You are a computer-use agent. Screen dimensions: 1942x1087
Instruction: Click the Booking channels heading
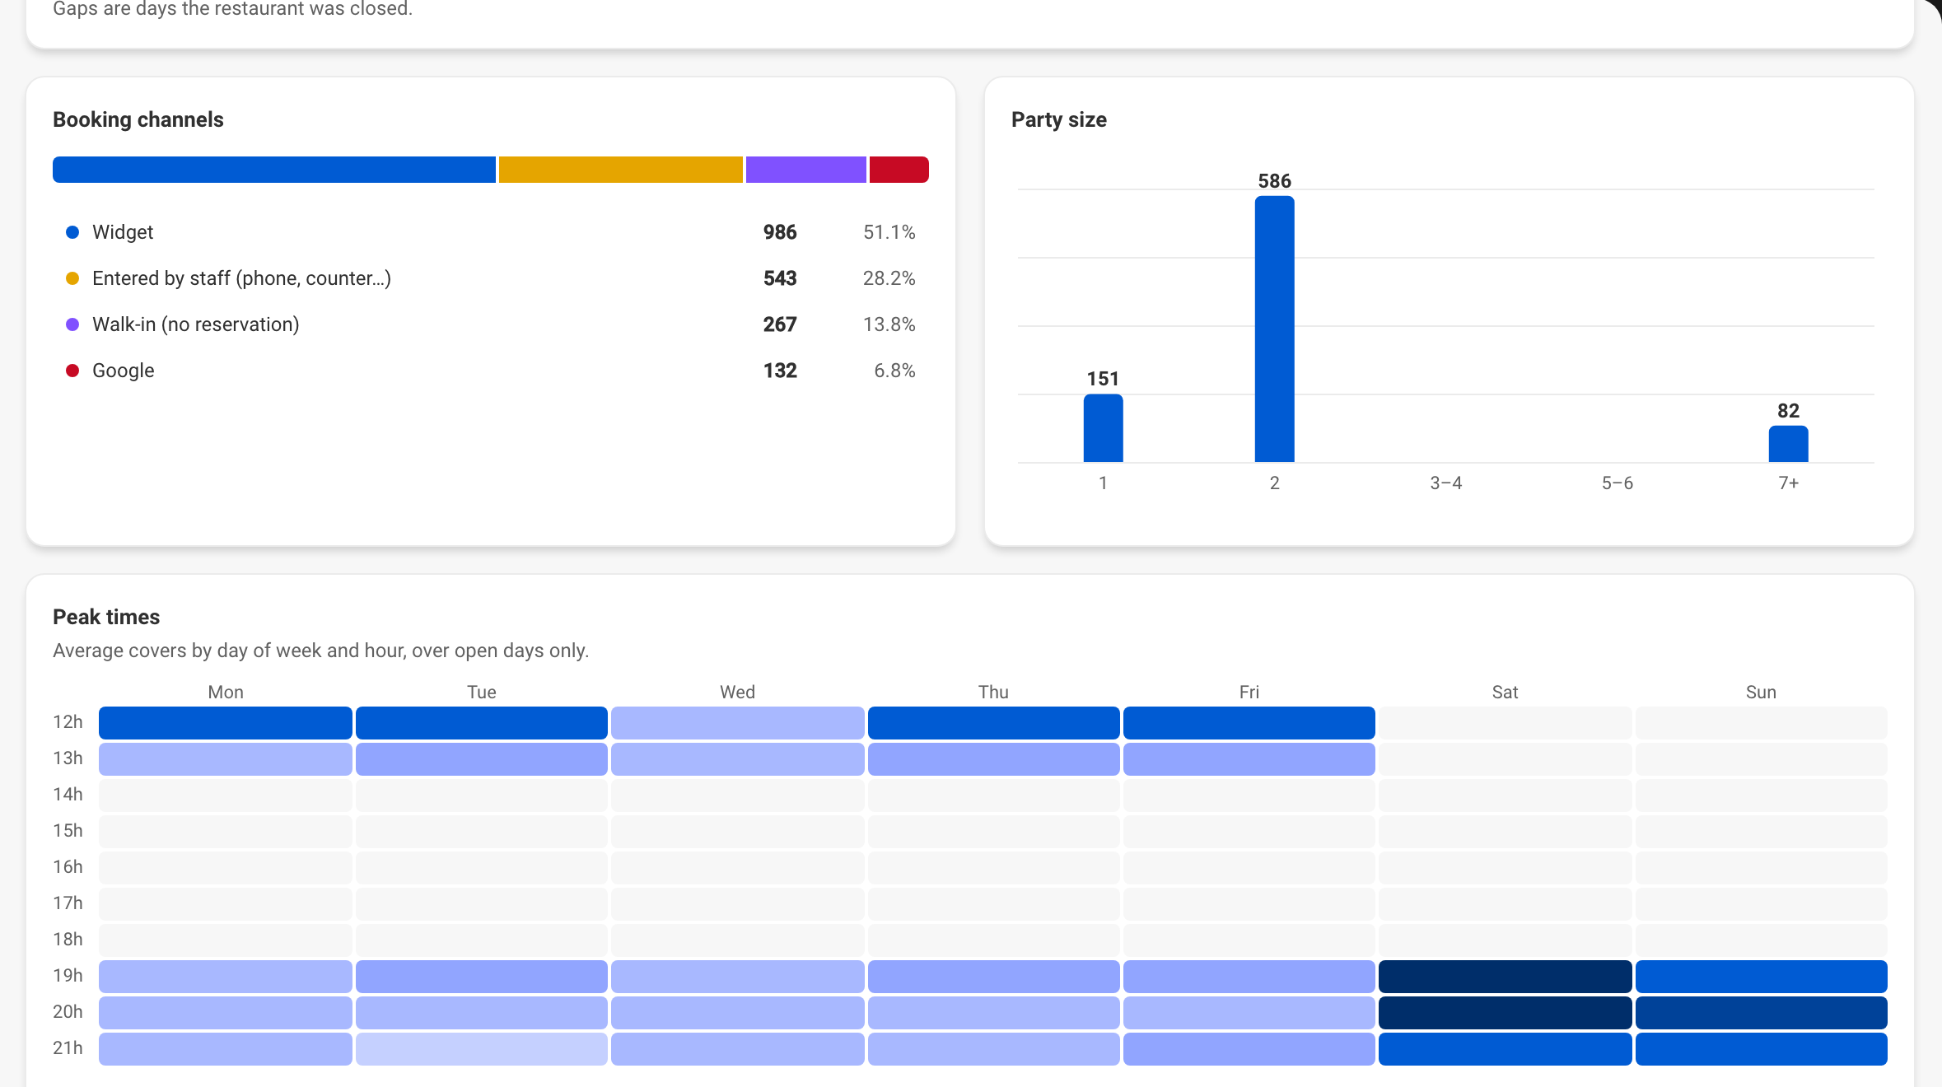138,119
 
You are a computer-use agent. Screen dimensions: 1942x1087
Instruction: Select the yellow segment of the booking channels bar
621,170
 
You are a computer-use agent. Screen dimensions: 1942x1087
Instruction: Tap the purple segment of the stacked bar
806,170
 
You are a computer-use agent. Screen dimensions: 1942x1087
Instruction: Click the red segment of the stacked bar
899,170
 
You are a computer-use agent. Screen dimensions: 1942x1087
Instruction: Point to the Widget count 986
780,232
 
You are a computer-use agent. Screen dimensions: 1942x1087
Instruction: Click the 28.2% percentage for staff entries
889,278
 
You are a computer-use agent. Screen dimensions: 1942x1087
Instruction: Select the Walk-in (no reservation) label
196,324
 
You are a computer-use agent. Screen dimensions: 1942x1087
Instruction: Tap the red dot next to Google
72,371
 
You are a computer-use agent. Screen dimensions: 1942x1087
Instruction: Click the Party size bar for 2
1275,329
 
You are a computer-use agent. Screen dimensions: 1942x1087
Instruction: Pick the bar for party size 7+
1789,444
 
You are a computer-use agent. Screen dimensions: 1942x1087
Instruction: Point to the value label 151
1104,379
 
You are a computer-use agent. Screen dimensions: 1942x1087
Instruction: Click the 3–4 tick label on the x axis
1446,483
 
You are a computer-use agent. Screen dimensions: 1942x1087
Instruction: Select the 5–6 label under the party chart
1618,483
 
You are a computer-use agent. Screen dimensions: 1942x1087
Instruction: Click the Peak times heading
106,617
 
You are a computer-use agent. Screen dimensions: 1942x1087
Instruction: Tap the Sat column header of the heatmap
1506,693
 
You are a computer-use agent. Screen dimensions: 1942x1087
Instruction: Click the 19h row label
68,976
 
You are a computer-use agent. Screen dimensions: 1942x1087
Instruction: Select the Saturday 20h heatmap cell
1506,1013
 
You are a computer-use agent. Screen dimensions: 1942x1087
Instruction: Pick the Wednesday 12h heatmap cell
738,723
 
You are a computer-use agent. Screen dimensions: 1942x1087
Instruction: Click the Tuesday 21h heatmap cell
482,1049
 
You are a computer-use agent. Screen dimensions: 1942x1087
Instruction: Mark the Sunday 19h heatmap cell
1762,977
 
